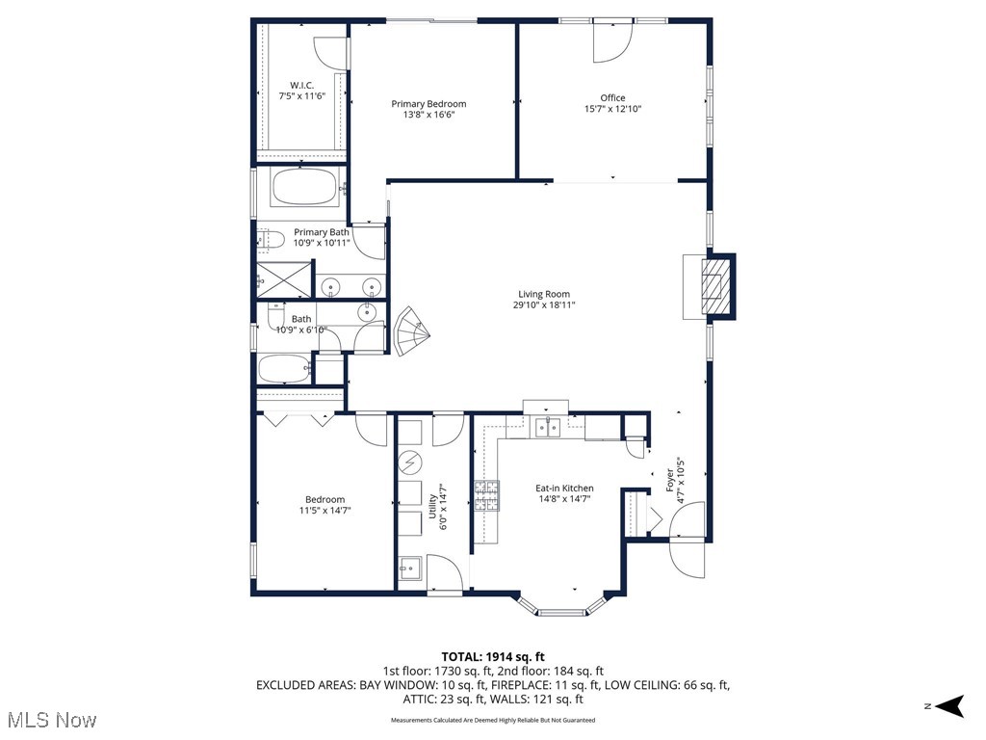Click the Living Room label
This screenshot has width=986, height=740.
pyautogui.click(x=544, y=295)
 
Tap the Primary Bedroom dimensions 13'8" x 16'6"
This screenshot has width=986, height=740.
pyautogui.click(x=428, y=115)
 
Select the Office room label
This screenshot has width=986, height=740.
pyautogui.click(x=612, y=97)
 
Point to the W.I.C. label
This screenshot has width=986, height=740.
pyautogui.click(x=302, y=85)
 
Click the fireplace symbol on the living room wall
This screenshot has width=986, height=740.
pyautogui.click(x=714, y=286)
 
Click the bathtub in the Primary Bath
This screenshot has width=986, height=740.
pyautogui.click(x=304, y=187)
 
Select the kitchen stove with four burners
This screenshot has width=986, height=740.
pyautogui.click(x=486, y=494)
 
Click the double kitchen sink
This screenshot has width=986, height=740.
pyautogui.click(x=548, y=427)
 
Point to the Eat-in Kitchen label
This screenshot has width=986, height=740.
pyautogui.click(x=564, y=489)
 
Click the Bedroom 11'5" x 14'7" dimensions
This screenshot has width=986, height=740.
pyautogui.click(x=324, y=511)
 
